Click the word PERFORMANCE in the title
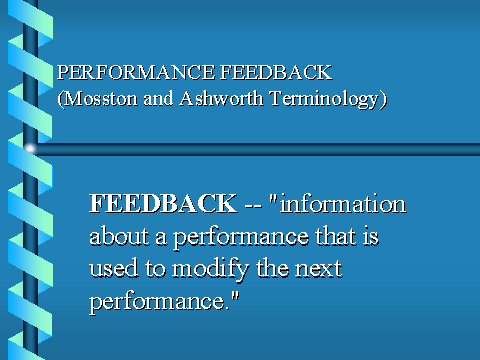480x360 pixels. click(x=136, y=72)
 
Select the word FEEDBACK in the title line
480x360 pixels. click(x=276, y=72)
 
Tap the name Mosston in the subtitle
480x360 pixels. click(x=100, y=99)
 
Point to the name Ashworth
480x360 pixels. click(x=221, y=99)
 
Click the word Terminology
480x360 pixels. click(x=324, y=99)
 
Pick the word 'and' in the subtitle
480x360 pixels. click(x=158, y=99)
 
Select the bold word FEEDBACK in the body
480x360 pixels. click(x=163, y=203)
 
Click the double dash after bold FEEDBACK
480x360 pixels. click(x=253, y=206)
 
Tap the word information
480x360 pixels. click(x=343, y=203)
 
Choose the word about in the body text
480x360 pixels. click(x=119, y=236)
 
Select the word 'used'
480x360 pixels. click(x=114, y=268)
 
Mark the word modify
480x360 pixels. click(x=211, y=269)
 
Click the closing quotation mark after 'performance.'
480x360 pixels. click(x=235, y=295)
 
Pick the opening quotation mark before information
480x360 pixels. click(x=273, y=198)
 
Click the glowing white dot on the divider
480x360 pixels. click(x=30, y=149)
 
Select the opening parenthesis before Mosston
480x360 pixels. click(x=60, y=99)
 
